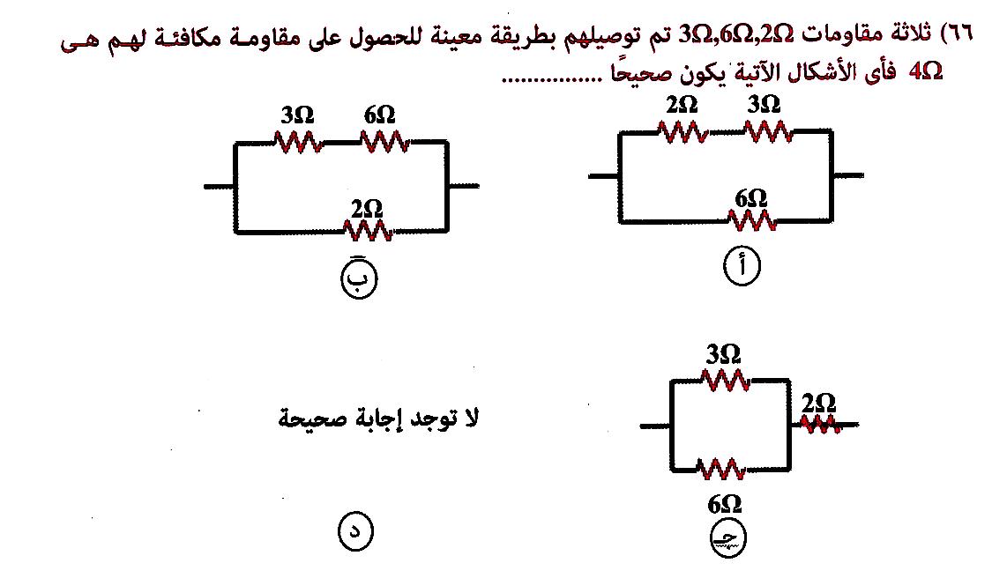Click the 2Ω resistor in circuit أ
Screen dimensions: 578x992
[x=682, y=132]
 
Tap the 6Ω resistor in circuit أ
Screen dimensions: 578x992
[x=752, y=220]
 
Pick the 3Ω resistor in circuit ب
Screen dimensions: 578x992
[x=298, y=141]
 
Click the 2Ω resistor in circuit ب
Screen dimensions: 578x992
[x=367, y=232]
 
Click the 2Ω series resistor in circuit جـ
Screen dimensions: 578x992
[x=819, y=425]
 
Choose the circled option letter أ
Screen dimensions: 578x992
[x=741, y=266]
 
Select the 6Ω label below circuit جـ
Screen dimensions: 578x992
[x=724, y=504]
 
